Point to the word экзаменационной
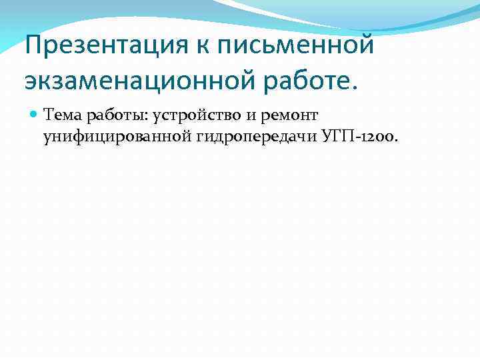(139, 81)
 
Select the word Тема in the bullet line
(62, 116)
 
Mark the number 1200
(374, 137)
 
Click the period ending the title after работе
(354, 87)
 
